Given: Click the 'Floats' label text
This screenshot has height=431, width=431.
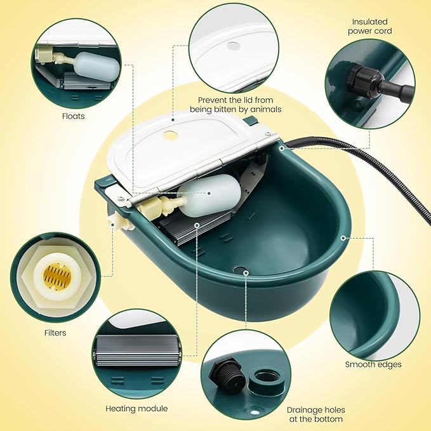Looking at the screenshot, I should click(x=74, y=116).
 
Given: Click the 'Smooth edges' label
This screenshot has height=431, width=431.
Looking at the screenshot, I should click(x=373, y=364).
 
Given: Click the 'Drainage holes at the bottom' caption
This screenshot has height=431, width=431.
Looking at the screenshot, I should click(x=315, y=414).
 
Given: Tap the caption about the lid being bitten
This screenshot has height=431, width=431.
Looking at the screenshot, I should click(x=239, y=105).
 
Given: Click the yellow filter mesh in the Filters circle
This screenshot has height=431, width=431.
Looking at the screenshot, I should click(x=56, y=277).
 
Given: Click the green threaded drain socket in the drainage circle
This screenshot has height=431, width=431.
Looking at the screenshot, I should click(x=262, y=380).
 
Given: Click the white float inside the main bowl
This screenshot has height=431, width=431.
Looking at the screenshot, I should click(x=213, y=196).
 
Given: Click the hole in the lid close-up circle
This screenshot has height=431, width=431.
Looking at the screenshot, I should click(x=234, y=46).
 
